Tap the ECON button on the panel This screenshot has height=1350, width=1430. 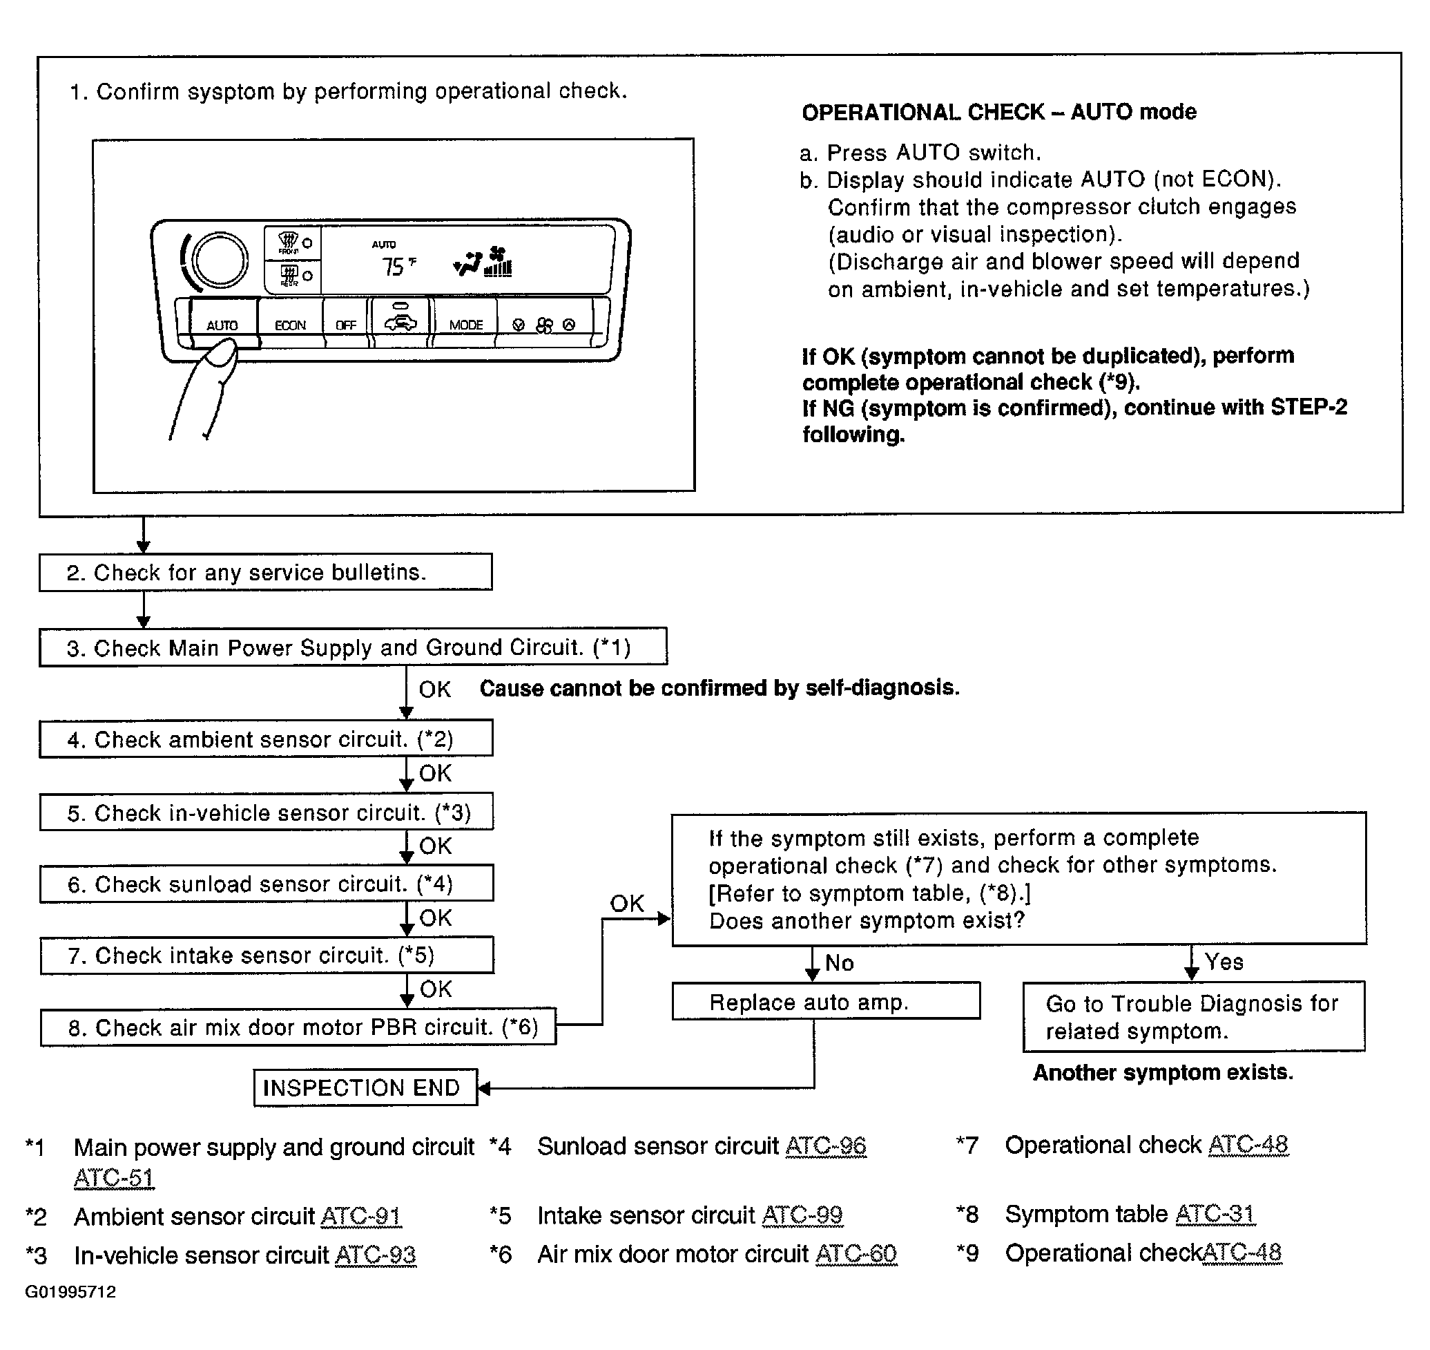pyautogui.click(x=290, y=325)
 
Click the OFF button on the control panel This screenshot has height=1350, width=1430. pyautogui.click(x=346, y=325)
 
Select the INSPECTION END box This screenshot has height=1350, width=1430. pyautogui.click(x=365, y=1087)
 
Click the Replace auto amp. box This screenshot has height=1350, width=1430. pyautogui.click(x=826, y=1001)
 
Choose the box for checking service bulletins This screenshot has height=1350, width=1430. pyautogui.click(x=265, y=572)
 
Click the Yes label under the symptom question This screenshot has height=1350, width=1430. pyautogui.click(x=1224, y=962)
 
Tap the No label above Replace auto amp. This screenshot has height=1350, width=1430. pyautogui.click(x=840, y=963)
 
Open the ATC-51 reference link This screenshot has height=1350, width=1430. pyautogui.click(x=114, y=1178)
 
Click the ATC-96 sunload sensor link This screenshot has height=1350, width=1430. pyautogui.click(x=826, y=1145)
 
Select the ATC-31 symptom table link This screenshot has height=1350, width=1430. pyautogui.click(x=1215, y=1214)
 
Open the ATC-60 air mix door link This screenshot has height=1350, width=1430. pyautogui.click(x=856, y=1253)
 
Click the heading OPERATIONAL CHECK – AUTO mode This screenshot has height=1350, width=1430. pyautogui.click(x=999, y=111)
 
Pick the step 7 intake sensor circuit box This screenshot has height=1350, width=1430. pyautogui.click(x=267, y=955)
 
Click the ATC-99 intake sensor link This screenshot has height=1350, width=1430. pyautogui.click(x=802, y=1215)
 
